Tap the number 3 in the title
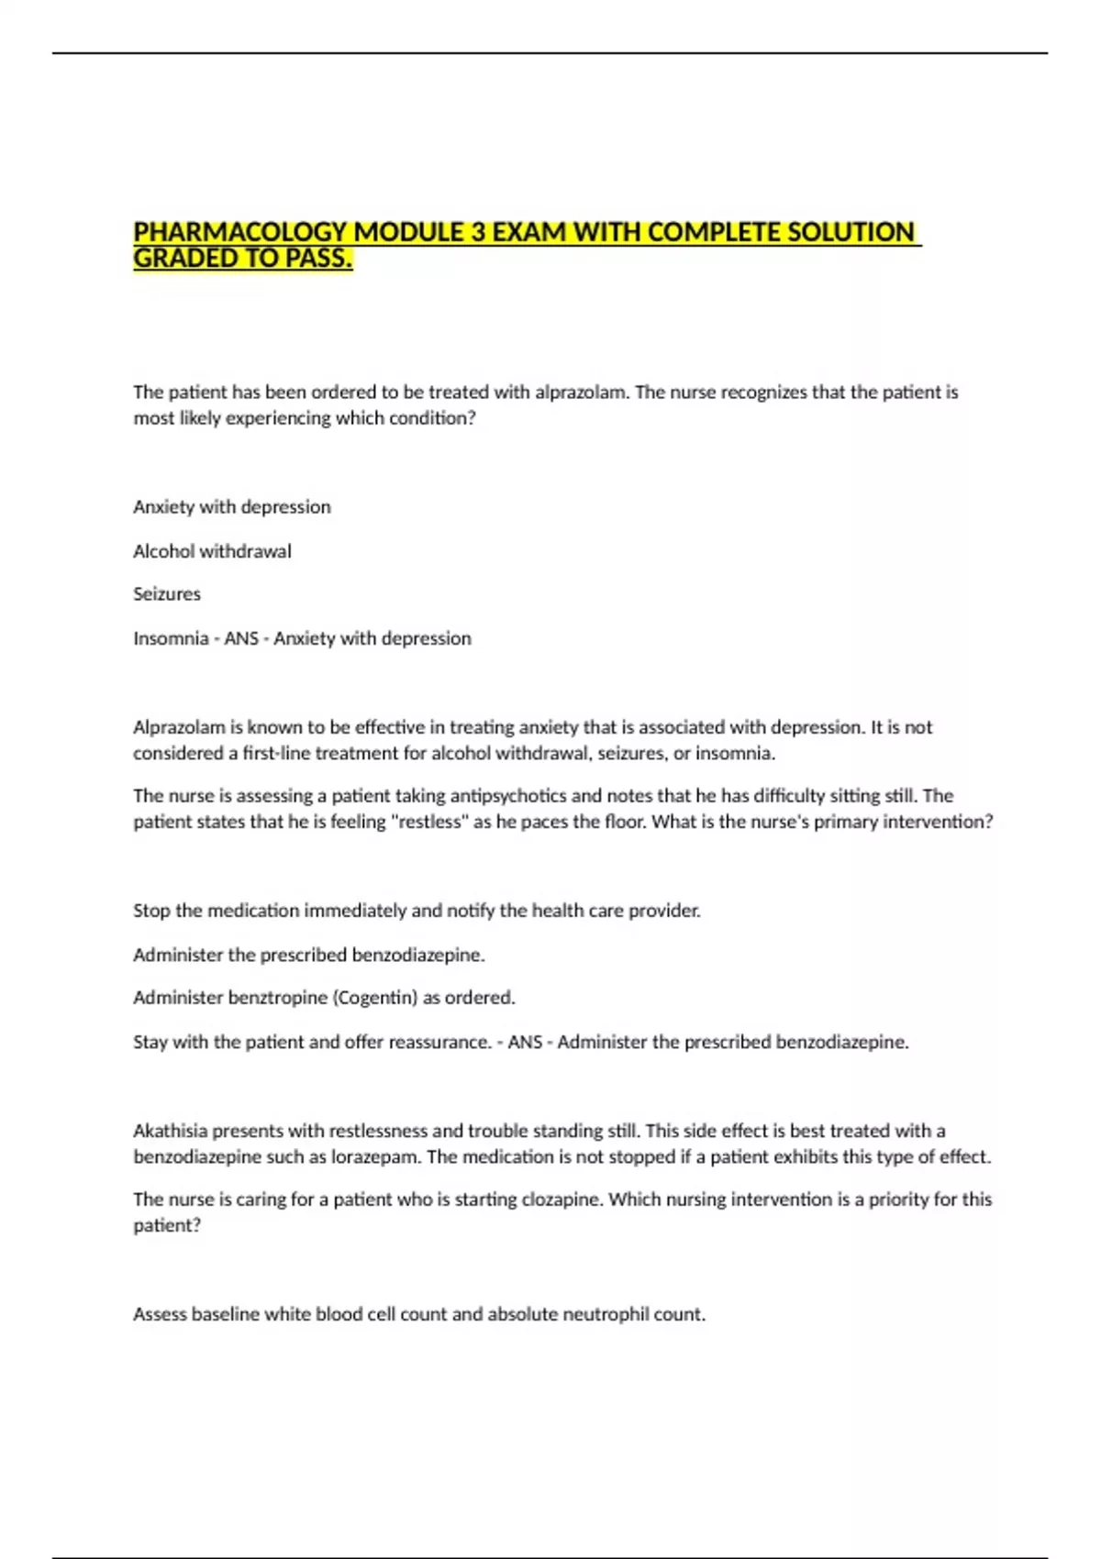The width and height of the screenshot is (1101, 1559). tap(479, 232)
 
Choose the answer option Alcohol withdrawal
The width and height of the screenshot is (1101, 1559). tap(212, 551)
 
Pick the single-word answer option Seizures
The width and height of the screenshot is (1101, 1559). tap(167, 594)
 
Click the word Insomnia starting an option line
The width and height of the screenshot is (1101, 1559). tap(171, 638)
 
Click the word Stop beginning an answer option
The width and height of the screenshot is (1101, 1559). tap(151, 911)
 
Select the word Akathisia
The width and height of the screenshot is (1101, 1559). tap(170, 1131)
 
